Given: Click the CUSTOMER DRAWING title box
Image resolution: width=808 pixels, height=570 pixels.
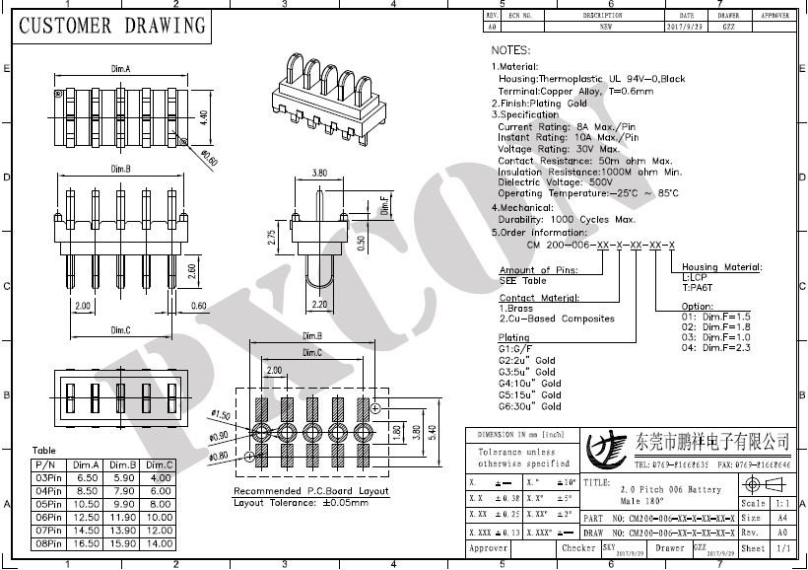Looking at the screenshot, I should [x=112, y=26].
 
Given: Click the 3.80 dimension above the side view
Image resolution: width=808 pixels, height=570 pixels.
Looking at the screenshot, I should [x=319, y=173].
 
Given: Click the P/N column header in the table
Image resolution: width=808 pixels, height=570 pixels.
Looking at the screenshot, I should [x=44, y=464].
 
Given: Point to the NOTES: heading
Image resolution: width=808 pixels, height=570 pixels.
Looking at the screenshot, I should [x=510, y=49].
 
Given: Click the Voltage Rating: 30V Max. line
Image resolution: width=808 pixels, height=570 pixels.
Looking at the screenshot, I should [x=558, y=149].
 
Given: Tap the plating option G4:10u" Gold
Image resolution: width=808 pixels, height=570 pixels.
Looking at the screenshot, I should [x=530, y=383].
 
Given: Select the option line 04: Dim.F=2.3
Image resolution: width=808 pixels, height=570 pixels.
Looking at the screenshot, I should [x=716, y=347].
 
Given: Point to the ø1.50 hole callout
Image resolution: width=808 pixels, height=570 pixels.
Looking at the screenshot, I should [x=220, y=414].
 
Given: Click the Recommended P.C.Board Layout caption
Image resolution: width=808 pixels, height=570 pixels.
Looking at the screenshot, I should [x=311, y=491].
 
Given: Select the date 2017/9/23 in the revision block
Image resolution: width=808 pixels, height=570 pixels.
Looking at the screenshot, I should [x=687, y=27].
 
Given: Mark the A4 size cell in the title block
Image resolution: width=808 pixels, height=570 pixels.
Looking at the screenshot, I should [x=781, y=517].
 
